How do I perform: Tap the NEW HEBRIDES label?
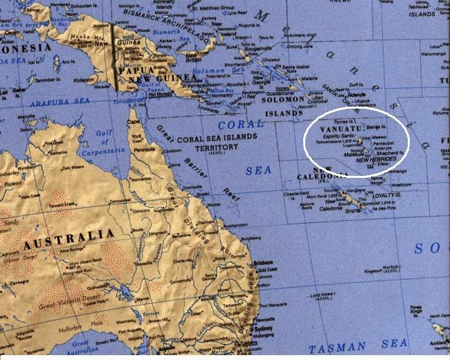pos(376,159)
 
